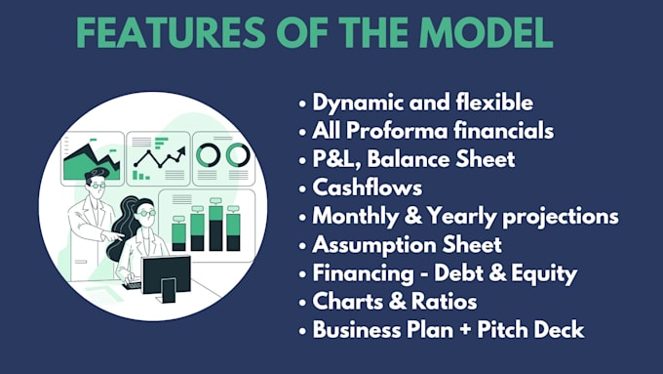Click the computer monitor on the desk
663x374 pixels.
tap(166, 274)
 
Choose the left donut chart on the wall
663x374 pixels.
tap(208, 154)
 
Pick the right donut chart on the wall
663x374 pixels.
tap(237, 154)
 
